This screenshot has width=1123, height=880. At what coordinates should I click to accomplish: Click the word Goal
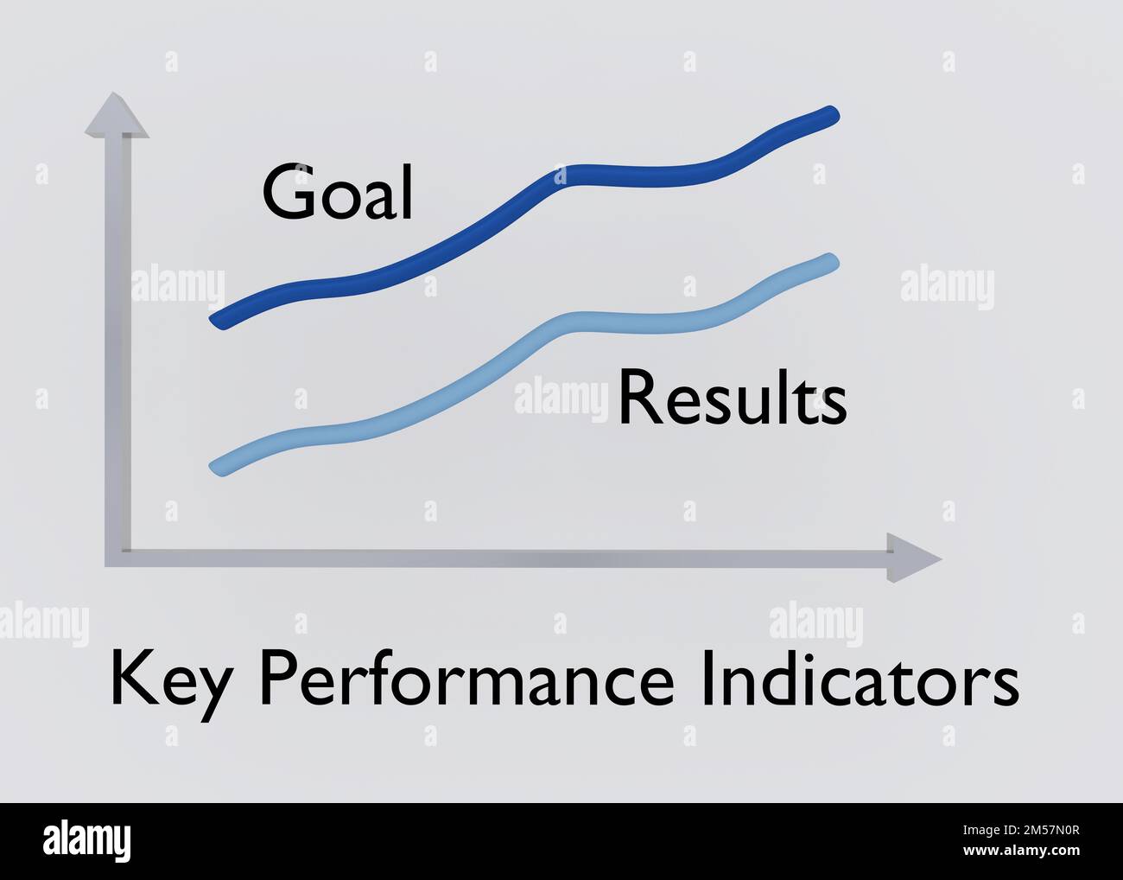click(x=338, y=193)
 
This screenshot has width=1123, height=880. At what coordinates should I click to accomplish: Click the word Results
click(x=732, y=399)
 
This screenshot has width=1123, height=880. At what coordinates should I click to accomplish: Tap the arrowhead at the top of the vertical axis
click(x=117, y=117)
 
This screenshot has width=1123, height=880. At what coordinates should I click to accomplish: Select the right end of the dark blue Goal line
click(x=830, y=114)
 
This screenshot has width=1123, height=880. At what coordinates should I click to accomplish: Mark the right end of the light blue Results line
click(x=830, y=261)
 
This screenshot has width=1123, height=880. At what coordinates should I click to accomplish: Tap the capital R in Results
click(x=638, y=399)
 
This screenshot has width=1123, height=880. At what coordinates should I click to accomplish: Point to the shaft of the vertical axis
click(x=118, y=346)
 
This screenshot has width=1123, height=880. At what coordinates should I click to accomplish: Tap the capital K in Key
click(x=130, y=679)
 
